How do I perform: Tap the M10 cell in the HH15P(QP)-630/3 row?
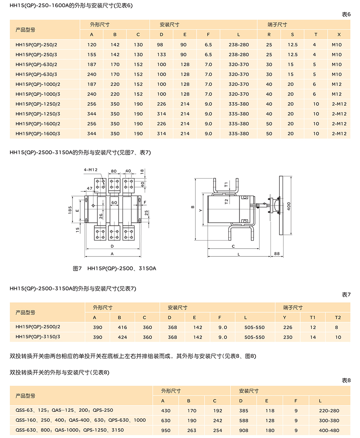pos(337,74)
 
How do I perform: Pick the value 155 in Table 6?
pos(92,55)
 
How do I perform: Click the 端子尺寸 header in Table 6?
pos(277,24)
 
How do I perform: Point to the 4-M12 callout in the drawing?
pos(90,169)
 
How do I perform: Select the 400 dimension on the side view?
pos(288,206)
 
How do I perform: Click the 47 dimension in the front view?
pos(90,189)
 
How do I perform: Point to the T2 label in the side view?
pos(226,202)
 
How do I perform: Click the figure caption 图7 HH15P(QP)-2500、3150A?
pos(115,269)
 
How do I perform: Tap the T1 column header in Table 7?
pos(312,317)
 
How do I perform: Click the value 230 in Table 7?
pos(288,337)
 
